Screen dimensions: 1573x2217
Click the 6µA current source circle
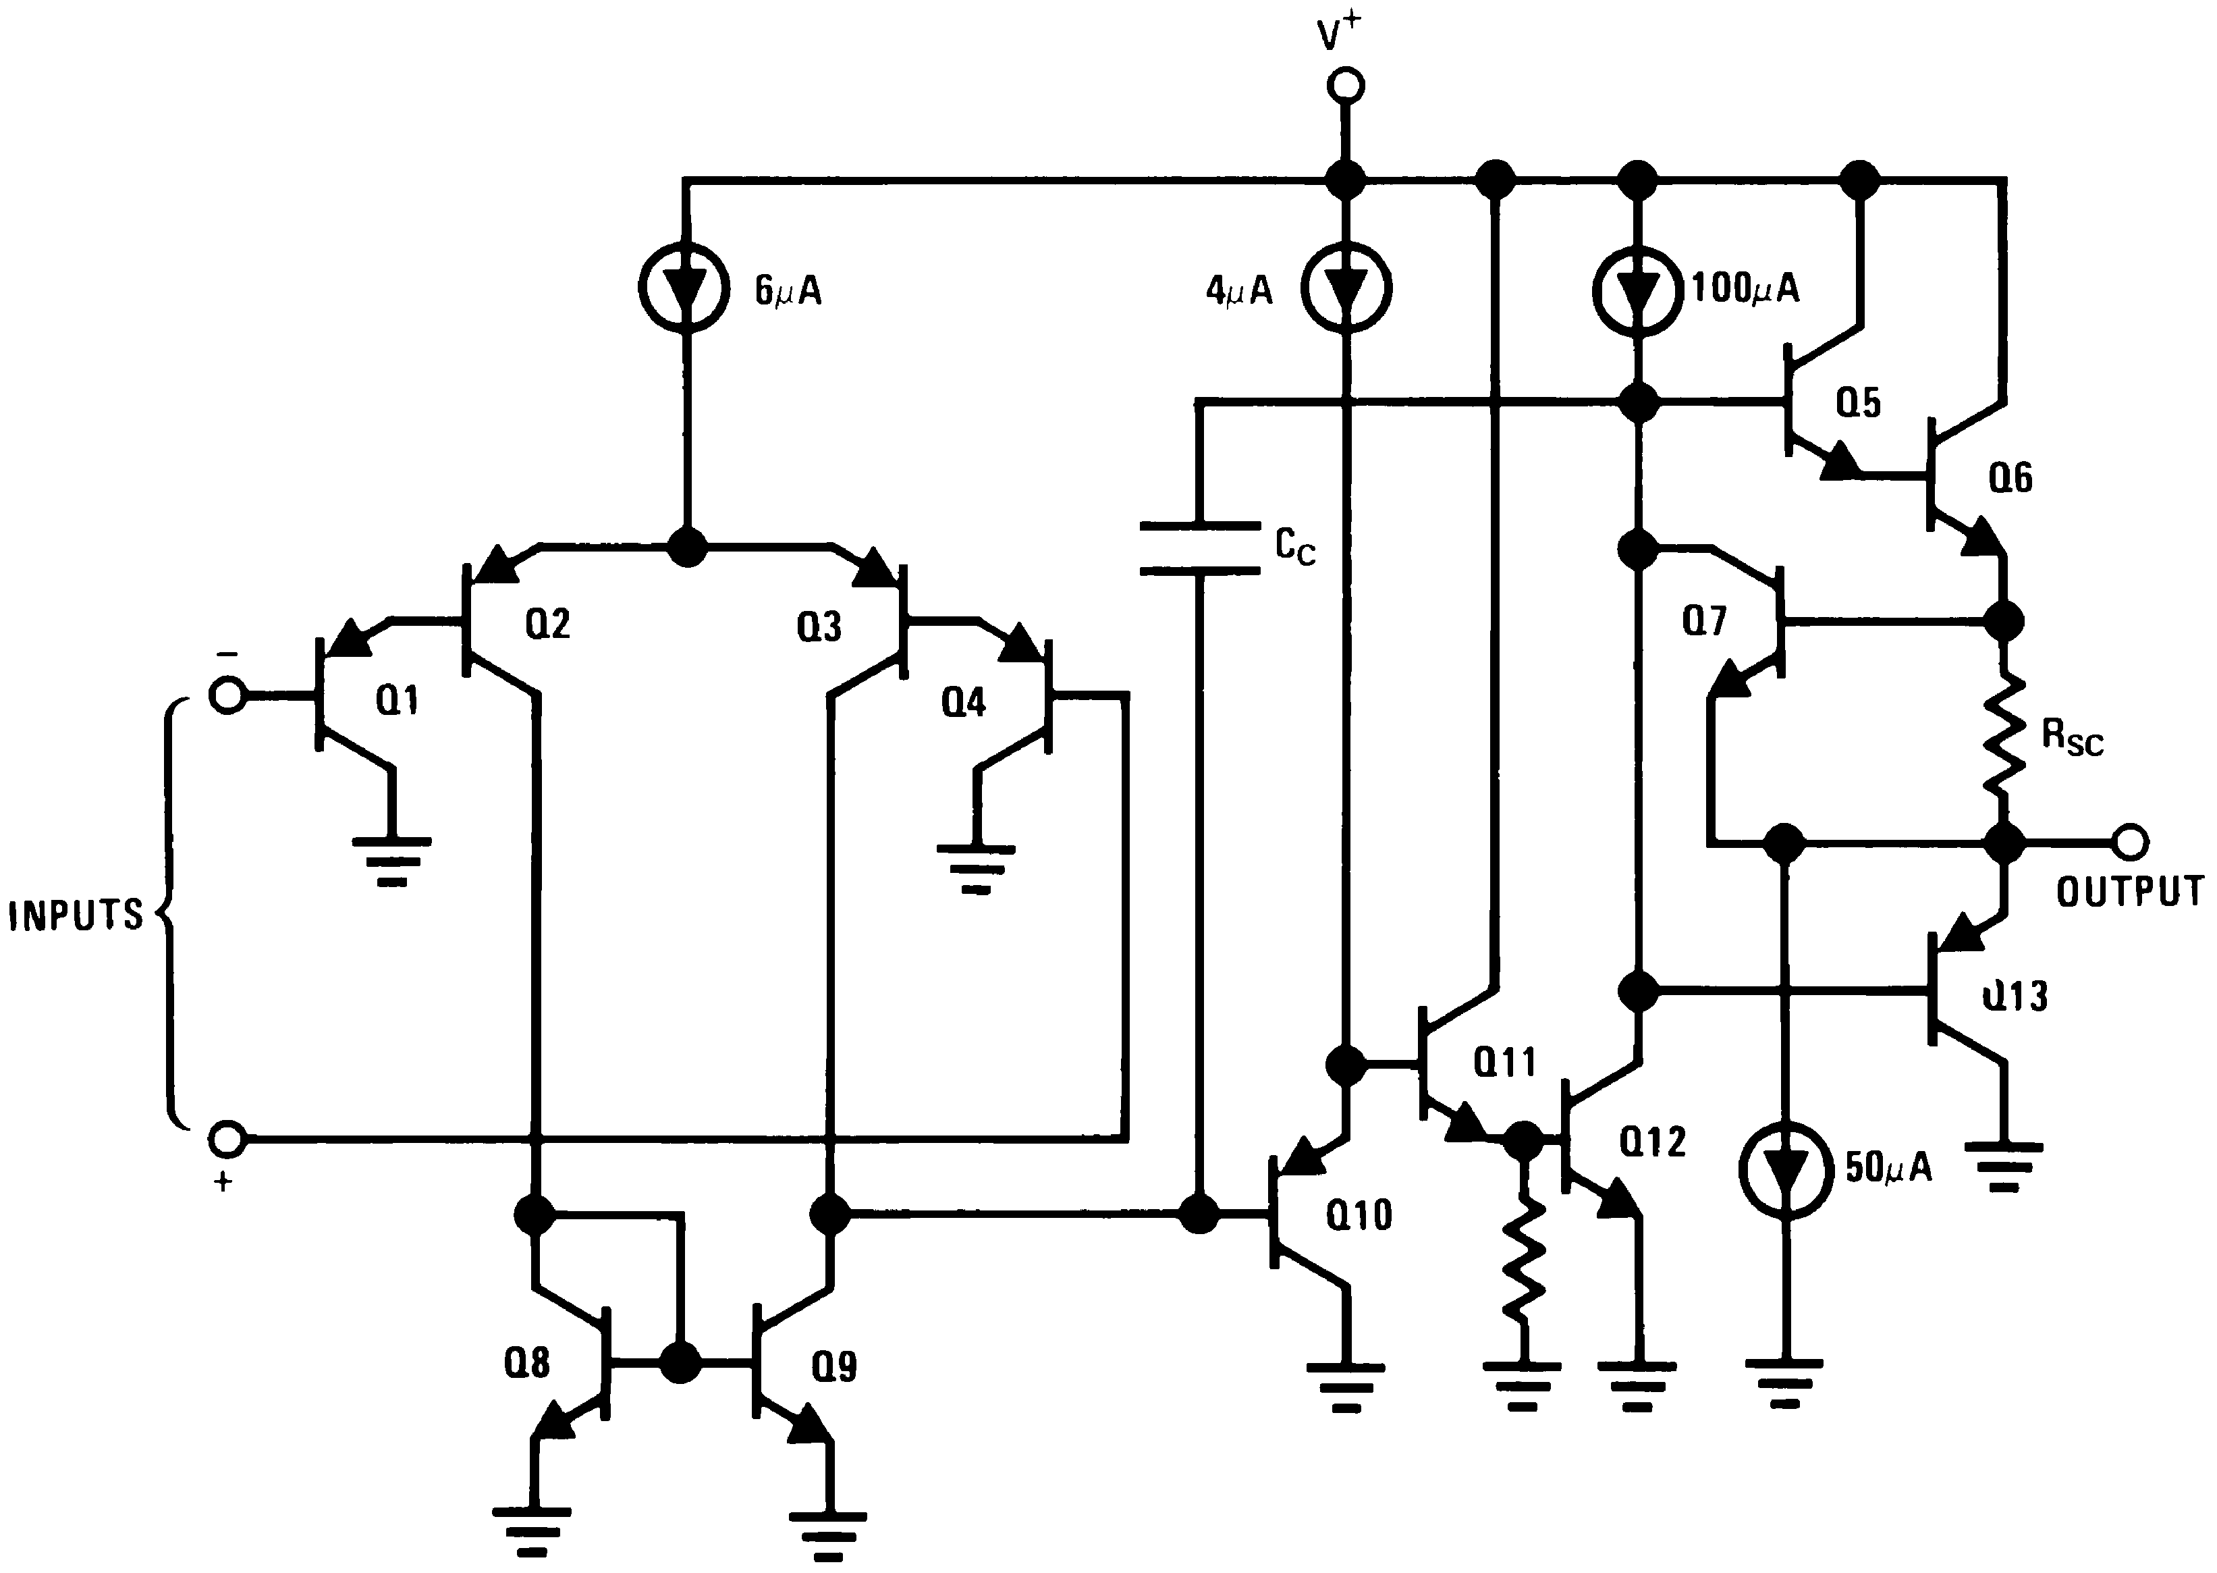tap(684, 287)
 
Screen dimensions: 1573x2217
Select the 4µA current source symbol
tap(1346, 288)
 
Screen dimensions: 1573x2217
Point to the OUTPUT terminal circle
tap(2130, 843)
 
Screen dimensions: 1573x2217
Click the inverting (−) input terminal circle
tap(227, 695)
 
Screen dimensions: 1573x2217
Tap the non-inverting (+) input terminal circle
tap(227, 1139)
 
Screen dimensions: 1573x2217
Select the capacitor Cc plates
tap(1199, 548)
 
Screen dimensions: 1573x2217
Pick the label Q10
tap(1359, 1215)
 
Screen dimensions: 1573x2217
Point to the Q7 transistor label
tap(1704, 620)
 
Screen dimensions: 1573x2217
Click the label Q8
tap(526, 1364)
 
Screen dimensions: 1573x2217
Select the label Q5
tap(1858, 402)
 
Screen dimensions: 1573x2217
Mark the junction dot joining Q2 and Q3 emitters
tap(688, 548)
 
